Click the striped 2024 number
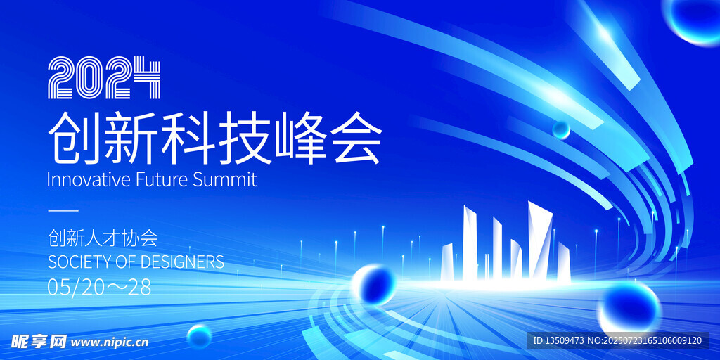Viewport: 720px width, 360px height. [104, 77]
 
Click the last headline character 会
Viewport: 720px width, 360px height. [356, 136]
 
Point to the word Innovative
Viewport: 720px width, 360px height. [89, 180]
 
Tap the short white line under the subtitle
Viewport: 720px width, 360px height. [63, 211]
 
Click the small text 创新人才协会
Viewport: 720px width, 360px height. [103, 238]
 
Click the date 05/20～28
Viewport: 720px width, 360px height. [99, 288]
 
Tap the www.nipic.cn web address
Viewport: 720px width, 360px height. [110, 342]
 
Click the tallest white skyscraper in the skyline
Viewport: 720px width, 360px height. [539, 240]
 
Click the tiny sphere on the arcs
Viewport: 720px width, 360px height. [560, 129]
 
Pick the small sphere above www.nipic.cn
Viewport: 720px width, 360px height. [199, 336]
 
